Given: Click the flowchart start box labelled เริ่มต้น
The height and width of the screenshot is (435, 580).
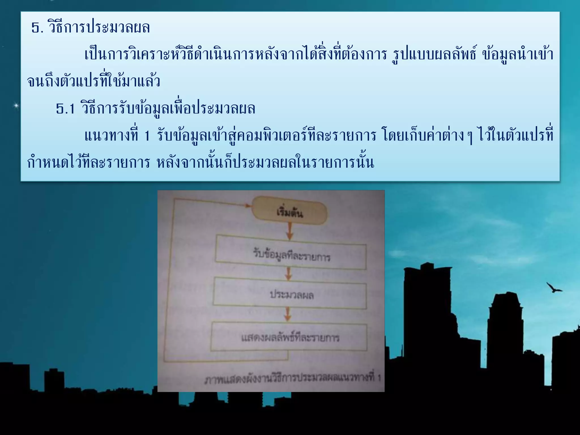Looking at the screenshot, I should [289, 211].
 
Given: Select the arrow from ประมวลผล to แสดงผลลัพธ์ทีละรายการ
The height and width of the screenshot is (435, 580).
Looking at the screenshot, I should [288, 315].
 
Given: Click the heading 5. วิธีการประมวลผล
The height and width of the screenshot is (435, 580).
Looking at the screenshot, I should [91, 28].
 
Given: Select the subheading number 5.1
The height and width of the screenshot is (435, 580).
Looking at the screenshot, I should [65, 109].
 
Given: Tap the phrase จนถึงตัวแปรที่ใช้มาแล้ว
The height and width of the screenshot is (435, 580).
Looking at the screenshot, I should [93, 82].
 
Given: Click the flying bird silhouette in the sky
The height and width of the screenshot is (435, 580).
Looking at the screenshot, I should [554, 288].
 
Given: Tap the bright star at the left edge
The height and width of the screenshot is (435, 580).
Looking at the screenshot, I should [16, 106].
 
